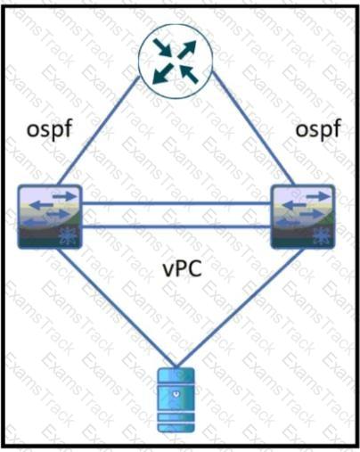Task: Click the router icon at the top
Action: click(176, 61)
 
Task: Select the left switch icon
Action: click(50, 217)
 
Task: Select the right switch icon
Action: click(303, 217)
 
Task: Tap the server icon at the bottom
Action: click(176, 400)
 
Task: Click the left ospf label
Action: click(50, 130)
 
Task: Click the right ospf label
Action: click(318, 130)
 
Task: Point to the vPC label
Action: click(183, 268)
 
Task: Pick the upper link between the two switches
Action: click(176, 203)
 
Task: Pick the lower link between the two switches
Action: click(176, 226)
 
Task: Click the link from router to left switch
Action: click(99, 131)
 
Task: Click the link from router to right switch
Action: click(253, 128)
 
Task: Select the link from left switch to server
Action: click(116, 308)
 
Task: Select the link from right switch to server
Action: click(241, 308)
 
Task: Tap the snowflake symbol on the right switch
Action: click(322, 236)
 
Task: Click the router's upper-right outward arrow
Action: click(187, 49)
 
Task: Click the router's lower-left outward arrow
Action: click(163, 73)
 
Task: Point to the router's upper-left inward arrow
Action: click(163, 47)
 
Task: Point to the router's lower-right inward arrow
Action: click(189, 74)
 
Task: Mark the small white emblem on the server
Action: click(176, 395)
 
